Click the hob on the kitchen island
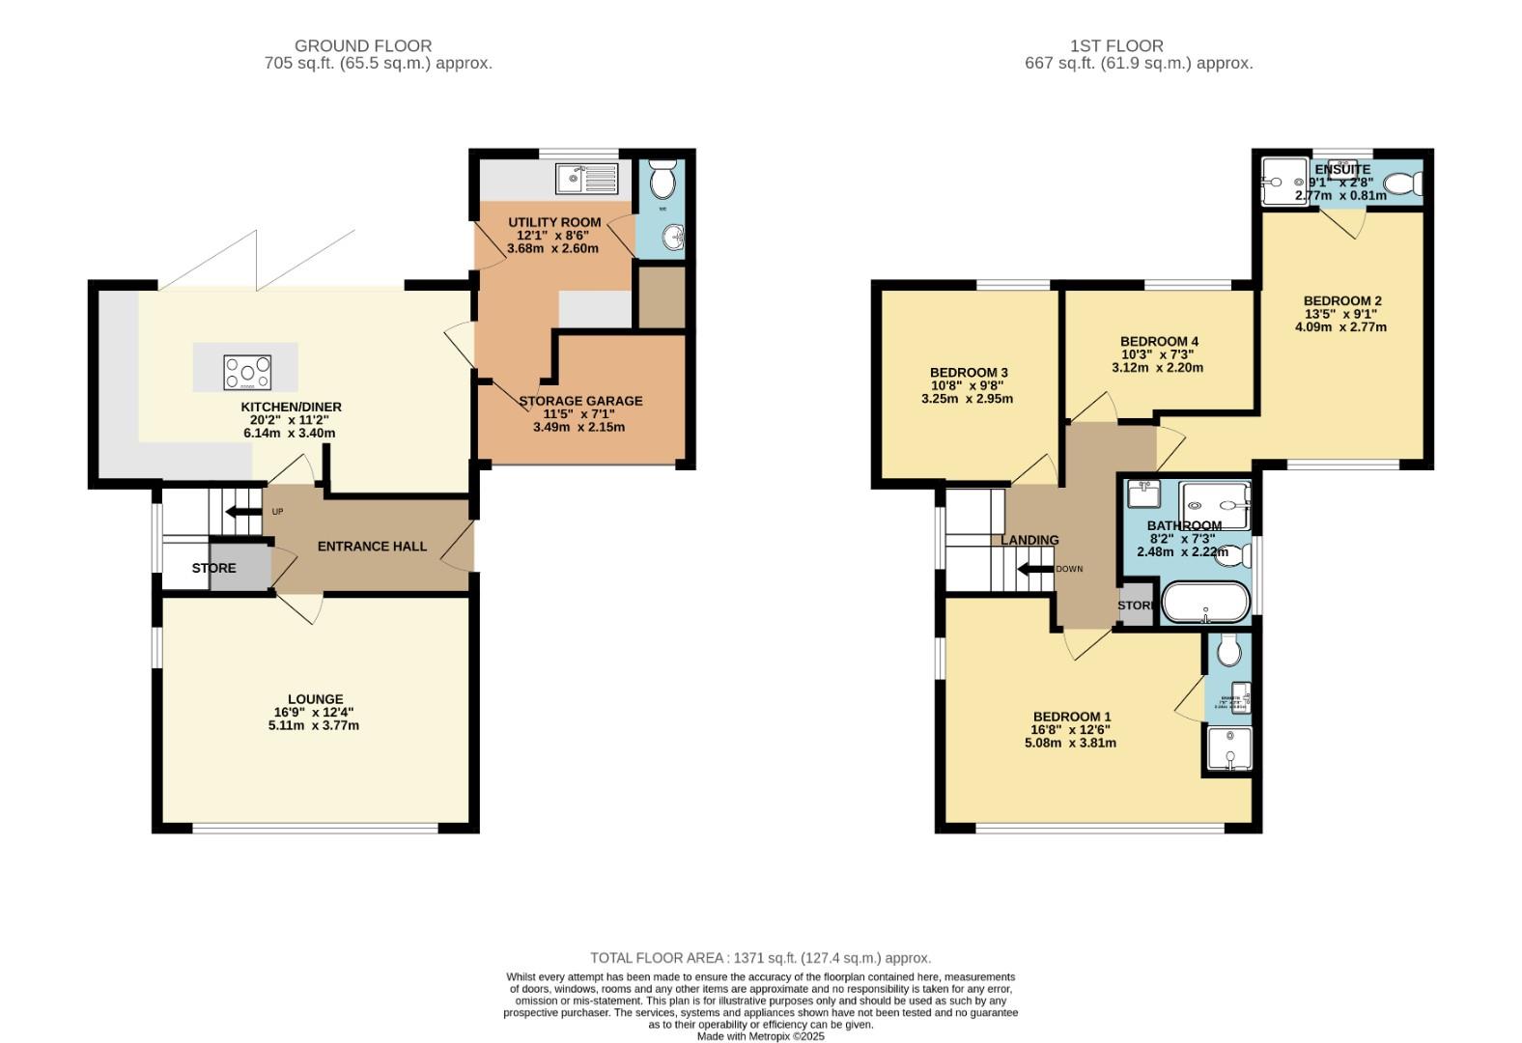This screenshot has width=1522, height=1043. click(247, 372)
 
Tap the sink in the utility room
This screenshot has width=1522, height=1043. click(586, 179)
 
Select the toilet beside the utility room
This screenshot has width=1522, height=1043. click(662, 180)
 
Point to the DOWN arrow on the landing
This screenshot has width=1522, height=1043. click(1035, 570)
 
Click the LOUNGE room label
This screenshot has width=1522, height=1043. click(315, 699)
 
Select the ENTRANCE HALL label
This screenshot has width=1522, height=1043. click(372, 547)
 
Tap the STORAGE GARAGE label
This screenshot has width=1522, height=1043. click(580, 401)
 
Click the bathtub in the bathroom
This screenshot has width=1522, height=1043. click(1204, 602)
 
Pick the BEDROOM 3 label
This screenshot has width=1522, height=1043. click(969, 373)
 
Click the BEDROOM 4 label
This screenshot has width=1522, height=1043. click(1159, 342)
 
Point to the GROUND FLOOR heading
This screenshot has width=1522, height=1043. click(363, 45)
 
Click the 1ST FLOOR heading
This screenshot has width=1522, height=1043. click(1116, 45)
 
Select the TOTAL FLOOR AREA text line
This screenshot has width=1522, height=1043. click(760, 958)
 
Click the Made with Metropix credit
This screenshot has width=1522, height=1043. click(761, 1036)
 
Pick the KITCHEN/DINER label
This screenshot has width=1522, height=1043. click(291, 408)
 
